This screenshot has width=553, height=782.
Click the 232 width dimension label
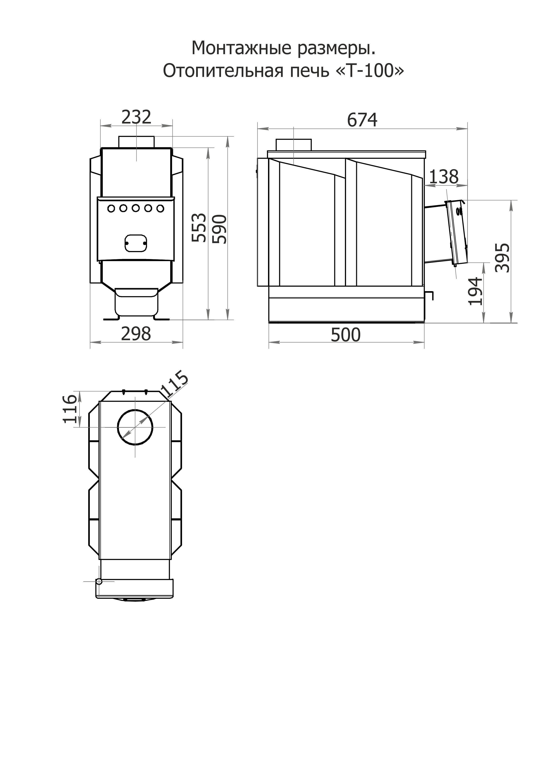pos(136,117)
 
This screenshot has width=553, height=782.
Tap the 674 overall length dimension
pos(362,120)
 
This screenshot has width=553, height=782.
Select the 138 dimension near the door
pos(444,177)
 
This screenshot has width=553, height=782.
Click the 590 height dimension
pos(219,229)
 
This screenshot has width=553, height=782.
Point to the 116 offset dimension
pos(70,409)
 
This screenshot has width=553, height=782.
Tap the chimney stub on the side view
pos(293,145)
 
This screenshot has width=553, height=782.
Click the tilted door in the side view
pos(456,232)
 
